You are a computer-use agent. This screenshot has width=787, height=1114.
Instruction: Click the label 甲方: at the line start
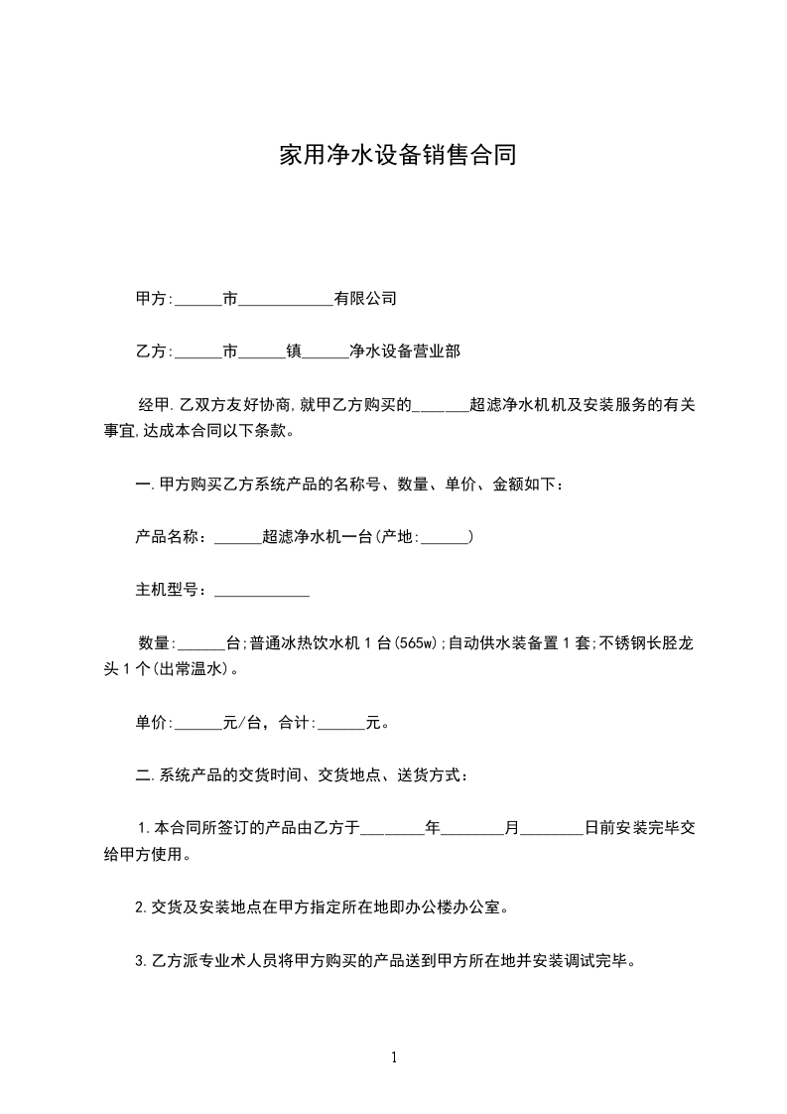pyautogui.click(x=154, y=298)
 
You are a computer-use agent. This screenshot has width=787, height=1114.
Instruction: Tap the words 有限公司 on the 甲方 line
pyautogui.click(x=365, y=298)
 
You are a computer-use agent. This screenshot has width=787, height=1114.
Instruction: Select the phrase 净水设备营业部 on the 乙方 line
pyautogui.click(x=404, y=350)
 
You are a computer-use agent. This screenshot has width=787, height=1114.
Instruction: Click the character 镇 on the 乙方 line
pyautogui.click(x=294, y=350)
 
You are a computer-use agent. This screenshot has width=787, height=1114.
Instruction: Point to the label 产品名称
pyautogui.click(x=170, y=537)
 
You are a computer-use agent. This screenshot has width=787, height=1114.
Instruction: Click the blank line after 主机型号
pyautogui.click(x=262, y=591)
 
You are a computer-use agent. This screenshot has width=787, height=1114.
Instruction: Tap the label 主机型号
pyautogui.click(x=170, y=591)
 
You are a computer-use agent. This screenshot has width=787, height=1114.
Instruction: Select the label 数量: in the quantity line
pyautogui.click(x=157, y=643)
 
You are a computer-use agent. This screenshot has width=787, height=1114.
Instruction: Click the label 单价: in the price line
pyautogui.click(x=154, y=723)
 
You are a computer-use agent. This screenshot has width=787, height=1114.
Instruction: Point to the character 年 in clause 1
pyautogui.click(x=432, y=826)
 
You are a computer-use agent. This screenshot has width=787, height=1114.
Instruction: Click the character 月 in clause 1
pyautogui.click(x=512, y=826)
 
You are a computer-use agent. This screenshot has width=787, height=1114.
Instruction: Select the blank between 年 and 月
pyautogui.click(x=471, y=828)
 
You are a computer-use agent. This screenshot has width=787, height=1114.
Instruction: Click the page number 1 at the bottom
pyautogui.click(x=394, y=1057)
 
